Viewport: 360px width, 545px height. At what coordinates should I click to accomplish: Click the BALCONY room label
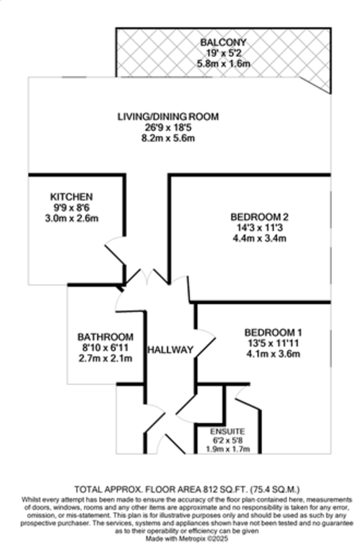pyautogui.click(x=223, y=42)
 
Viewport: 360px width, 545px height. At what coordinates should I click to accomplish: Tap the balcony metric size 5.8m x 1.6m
pyautogui.click(x=223, y=64)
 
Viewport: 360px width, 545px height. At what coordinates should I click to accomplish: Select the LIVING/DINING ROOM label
pyautogui.click(x=168, y=117)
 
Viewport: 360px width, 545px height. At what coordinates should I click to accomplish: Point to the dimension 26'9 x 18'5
pyautogui.click(x=168, y=128)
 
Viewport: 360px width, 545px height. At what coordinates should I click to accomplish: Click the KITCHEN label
pyautogui.click(x=72, y=197)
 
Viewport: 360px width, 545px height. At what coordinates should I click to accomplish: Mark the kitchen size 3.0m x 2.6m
pyautogui.click(x=72, y=218)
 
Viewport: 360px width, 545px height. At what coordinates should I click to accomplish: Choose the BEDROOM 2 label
pyautogui.click(x=260, y=217)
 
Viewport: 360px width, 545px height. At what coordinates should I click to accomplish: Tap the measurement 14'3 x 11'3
pyautogui.click(x=260, y=228)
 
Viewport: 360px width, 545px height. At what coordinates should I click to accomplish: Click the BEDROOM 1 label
pyautogui.click(x=273, y=332)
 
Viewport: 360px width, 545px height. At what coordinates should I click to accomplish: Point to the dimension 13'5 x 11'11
pyautogui.click(x=273, y=343)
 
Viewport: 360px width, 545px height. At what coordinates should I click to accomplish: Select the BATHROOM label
pyautogui.click(x=105, y=337)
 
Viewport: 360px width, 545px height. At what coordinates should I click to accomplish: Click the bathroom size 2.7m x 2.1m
pyautogui.click(x=105, y=358)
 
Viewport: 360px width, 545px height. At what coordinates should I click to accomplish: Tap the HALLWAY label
pyautogui.click(x=170, y=350)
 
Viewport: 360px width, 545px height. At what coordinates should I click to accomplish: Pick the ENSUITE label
pyautogui.click(x=227, y=431)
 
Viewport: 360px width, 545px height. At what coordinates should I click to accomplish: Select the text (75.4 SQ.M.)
pyautogui.click(x=275, y=489)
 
